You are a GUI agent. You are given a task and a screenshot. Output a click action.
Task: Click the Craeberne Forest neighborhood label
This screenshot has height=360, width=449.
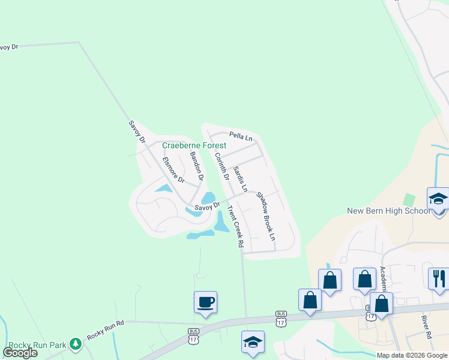[x=194, y=146]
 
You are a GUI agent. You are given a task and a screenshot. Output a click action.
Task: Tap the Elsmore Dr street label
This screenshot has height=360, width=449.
[x=173, y=170]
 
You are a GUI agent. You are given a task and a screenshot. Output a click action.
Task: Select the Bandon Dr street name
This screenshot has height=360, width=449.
[x=197, y=166]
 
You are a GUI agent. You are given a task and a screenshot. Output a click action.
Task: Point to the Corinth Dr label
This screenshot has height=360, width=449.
[x=221, y=166]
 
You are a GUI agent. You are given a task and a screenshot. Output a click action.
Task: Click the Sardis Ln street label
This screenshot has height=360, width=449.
[x=240, y=179]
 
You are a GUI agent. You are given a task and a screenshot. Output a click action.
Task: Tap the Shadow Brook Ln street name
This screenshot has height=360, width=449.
[x=265, y=216]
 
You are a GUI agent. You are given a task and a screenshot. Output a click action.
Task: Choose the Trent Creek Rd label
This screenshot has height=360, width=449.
[x=235, y=227]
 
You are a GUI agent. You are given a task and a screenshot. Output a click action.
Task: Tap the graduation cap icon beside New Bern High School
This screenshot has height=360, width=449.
[x=438, y=199]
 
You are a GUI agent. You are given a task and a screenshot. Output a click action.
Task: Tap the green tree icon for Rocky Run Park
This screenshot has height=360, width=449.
[x=76, y=343]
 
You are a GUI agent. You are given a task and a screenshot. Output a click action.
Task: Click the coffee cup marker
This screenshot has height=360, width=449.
[x=205, y=302]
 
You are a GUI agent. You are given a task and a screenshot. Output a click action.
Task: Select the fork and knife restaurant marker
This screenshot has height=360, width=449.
[x=439, y=278]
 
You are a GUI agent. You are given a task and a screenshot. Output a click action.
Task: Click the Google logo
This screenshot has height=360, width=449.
[x=20, y=353]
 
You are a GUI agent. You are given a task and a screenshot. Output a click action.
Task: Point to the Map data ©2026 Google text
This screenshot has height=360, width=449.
[x=412, y=355]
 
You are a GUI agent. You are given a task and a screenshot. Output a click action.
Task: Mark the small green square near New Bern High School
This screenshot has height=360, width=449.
[x=409, y=199]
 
